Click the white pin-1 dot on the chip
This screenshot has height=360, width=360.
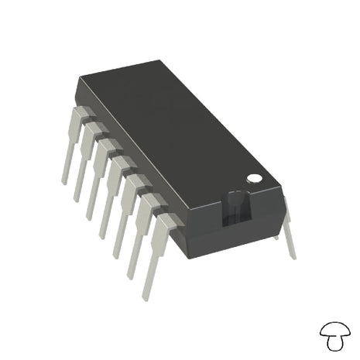[253, 179]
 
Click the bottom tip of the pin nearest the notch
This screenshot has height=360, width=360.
[146, 297]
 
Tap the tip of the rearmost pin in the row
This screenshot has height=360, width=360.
[65, 181]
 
